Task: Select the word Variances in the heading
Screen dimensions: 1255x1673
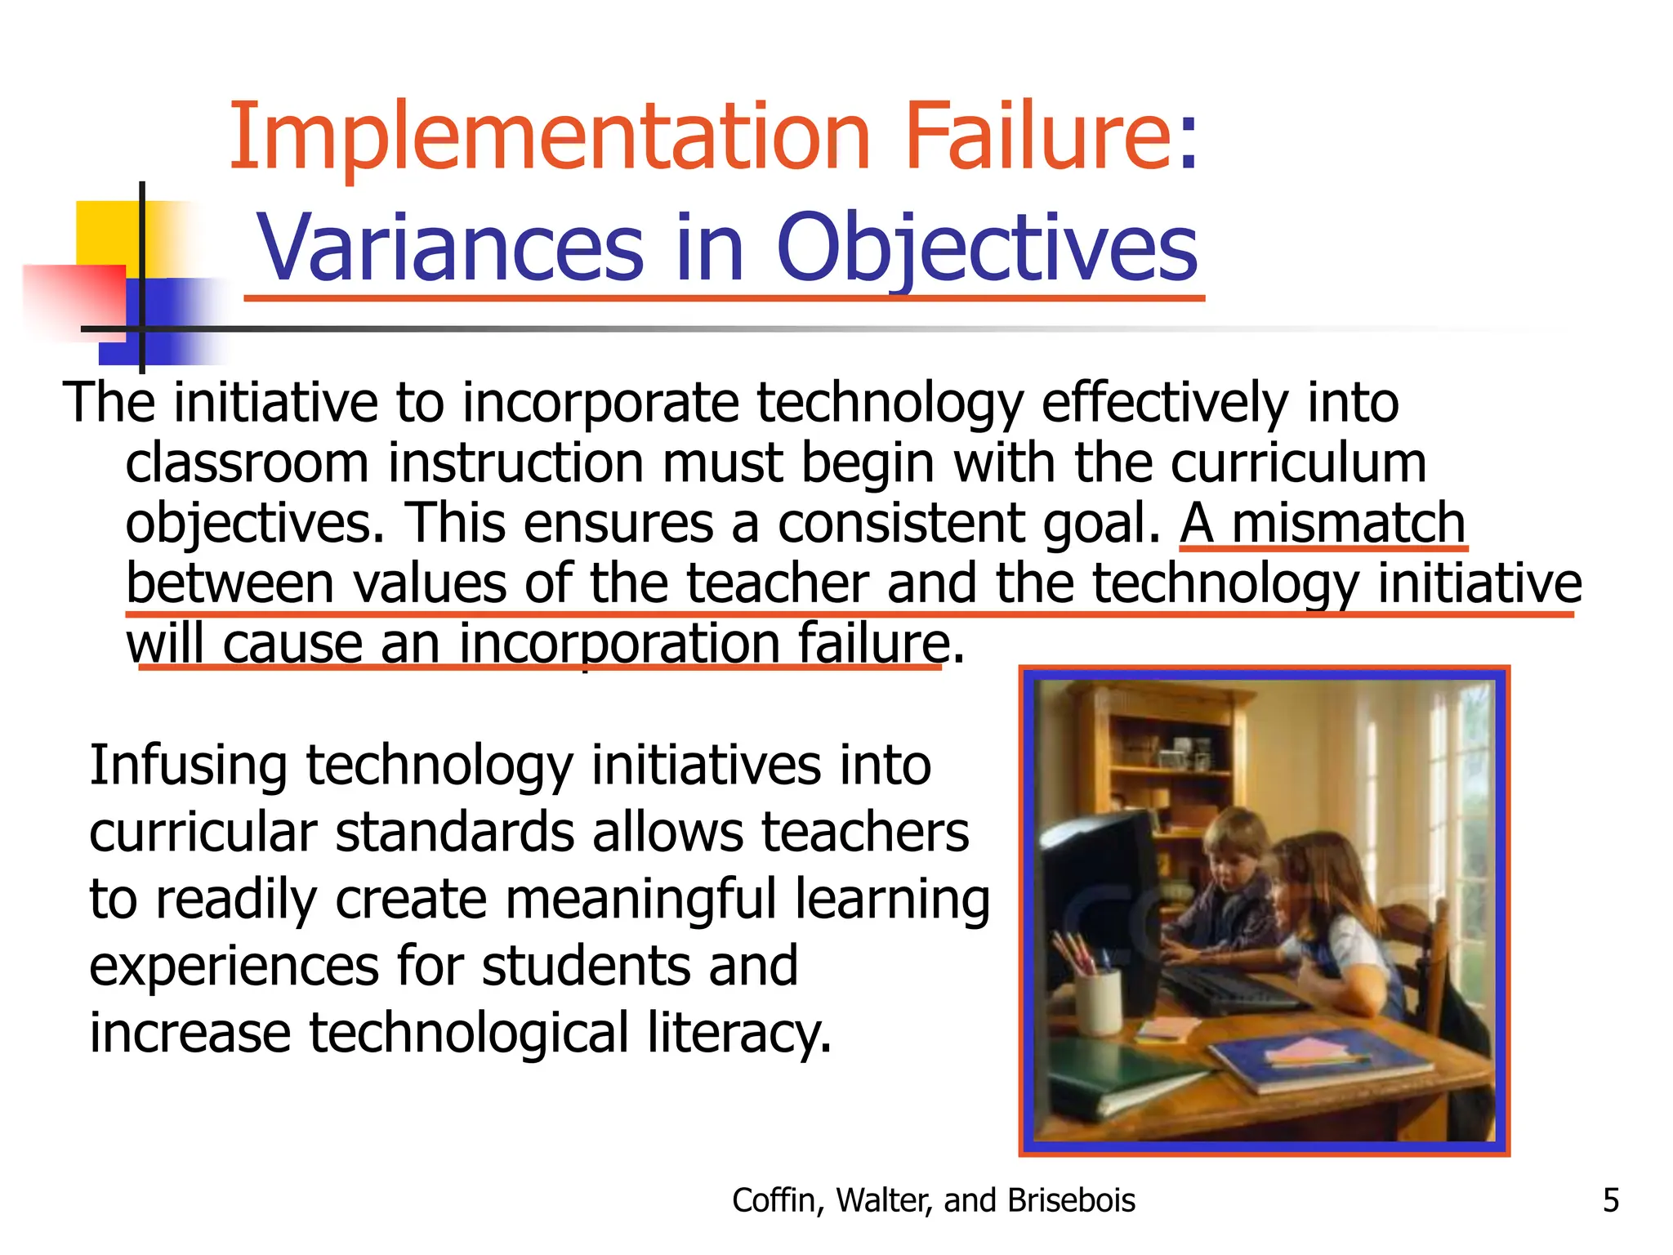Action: click(450, 247)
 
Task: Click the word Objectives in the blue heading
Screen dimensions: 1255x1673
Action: click(986, 247)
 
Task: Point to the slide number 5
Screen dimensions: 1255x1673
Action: click(1610, 1200)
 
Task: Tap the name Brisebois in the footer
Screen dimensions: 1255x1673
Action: click(1071, 1200)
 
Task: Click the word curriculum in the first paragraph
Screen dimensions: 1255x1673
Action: click(1298, 463)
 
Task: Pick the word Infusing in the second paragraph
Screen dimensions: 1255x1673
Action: click(188, 766)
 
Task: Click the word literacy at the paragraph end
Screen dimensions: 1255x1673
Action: click(739, 1033)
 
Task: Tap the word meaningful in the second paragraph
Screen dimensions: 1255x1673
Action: click(640, 900)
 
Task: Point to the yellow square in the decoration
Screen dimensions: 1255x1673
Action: click(106, 233)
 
